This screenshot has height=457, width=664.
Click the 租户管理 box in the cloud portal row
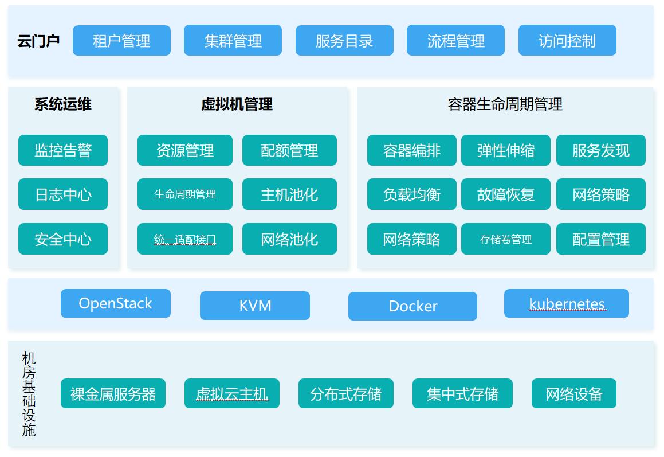(121, 40)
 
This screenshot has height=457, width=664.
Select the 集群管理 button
(233, 40)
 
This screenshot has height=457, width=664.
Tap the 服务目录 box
(344, 40)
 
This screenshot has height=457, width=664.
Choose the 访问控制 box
(567, 40)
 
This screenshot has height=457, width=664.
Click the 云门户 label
(38, 41)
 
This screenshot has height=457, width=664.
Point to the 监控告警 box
(63, 150)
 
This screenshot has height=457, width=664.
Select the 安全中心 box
(63, 239)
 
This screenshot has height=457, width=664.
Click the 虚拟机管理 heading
(237, 104)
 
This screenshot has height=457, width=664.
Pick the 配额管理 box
(290, 150)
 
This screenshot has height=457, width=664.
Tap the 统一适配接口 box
(185, 239)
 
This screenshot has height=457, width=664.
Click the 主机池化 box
(290, 194)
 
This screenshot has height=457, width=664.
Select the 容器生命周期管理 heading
(505, 104)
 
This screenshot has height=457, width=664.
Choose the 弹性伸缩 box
(506, 150)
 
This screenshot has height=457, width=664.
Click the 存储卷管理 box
(506, 239)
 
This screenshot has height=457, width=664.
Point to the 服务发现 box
(601, 150)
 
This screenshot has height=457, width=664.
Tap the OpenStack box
(116, 303)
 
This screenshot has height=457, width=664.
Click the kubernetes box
(567, 303)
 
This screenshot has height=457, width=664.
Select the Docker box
(413, 306)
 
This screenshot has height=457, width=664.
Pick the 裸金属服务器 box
(113, 393)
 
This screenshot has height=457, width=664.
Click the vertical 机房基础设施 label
(29, 394)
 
